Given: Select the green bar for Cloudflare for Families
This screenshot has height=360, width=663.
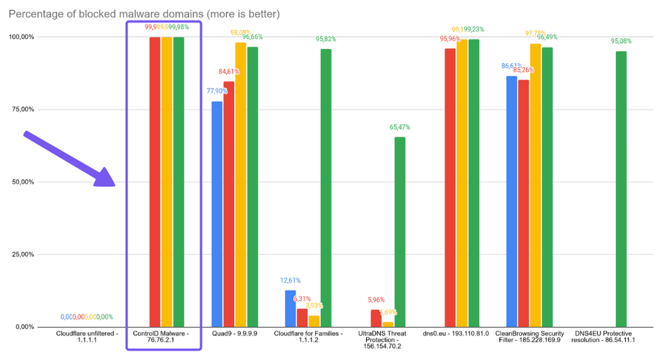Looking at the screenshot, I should pos(326,188).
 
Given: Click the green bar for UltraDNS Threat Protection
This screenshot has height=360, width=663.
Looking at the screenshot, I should pos(400,231).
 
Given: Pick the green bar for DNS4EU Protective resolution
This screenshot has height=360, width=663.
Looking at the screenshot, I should pos(621,189).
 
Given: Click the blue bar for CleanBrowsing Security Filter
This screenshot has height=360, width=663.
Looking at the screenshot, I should pos(512,201).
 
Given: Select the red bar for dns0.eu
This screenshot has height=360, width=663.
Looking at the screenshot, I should pos(450,188).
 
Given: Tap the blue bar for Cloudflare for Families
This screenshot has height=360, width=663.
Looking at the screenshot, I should pos(290,308).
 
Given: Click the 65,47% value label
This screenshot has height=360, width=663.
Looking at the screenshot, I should pos(400,127).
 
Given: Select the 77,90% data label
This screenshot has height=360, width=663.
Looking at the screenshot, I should pos(217,91).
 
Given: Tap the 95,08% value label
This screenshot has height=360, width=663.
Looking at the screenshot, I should pos(621,41).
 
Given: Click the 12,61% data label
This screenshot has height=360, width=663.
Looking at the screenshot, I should pos(290,280).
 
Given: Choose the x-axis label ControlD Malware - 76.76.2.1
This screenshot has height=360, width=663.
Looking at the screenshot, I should pos(162,337).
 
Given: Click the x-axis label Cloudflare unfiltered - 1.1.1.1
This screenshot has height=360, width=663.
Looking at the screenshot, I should pos(87,337).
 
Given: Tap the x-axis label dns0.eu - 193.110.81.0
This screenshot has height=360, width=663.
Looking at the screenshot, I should pos(456,333).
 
